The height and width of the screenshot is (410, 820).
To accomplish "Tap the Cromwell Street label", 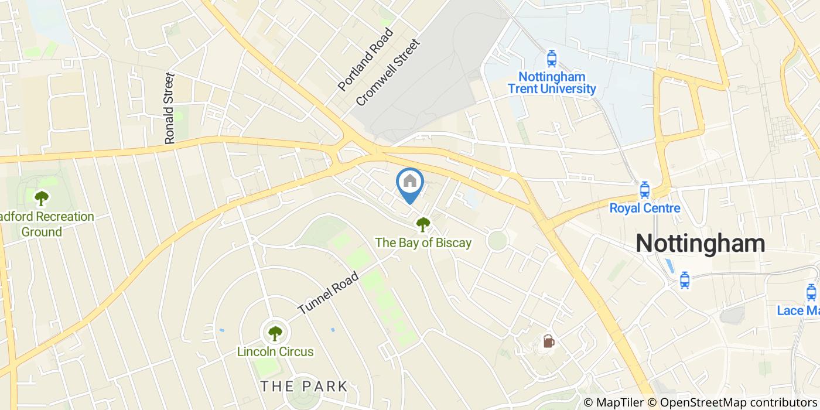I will pos(388,73).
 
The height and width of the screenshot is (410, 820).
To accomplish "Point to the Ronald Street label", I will pos(170,108).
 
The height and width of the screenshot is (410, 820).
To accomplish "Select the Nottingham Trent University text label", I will pos(551,83).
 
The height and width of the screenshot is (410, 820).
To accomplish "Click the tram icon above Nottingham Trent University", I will pos(551,59).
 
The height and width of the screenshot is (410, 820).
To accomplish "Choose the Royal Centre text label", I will pos(644,208).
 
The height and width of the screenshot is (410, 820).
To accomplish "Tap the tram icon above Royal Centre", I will pos(644,189).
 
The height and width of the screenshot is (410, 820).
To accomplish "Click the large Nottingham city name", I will pos(701,242).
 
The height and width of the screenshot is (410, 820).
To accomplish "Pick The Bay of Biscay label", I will pos(423,242).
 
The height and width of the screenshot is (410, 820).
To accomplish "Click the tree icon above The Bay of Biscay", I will pos(422,223).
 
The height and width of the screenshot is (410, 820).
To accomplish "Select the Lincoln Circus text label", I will pos(275,352).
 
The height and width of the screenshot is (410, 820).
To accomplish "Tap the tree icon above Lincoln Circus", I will pos(275,333).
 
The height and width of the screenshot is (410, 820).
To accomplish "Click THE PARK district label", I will pos(304,386).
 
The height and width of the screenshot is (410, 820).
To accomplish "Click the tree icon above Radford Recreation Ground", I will pos(41,198).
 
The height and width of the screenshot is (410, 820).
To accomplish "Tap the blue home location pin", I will pos(410,183).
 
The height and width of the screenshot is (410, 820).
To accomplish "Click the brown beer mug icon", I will pos(548,341).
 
